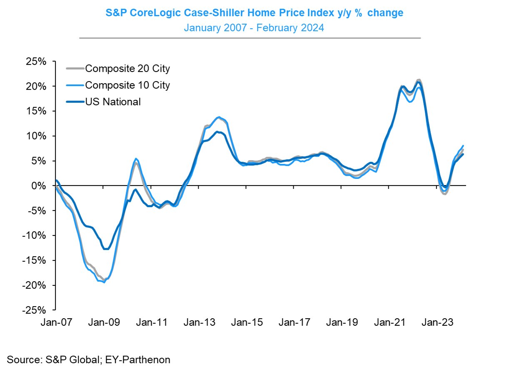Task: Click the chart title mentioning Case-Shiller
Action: (254, 13)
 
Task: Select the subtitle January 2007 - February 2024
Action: (254, 28)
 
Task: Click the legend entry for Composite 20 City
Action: (127, 68)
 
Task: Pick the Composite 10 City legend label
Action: (127, 85)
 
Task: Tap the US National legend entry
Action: (113, 102)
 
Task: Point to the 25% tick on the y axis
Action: (37, 62)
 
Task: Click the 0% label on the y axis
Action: (40, 186)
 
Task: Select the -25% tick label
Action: (35, 310)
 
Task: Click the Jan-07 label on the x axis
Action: (56, 322)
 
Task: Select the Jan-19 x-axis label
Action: (342, 322)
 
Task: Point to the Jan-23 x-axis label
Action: (437, 322)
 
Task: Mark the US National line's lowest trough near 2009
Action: (106, 249)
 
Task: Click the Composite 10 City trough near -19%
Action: (104, 282)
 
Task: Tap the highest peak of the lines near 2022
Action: (418, 79)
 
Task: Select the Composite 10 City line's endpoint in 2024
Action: (463, 146)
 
